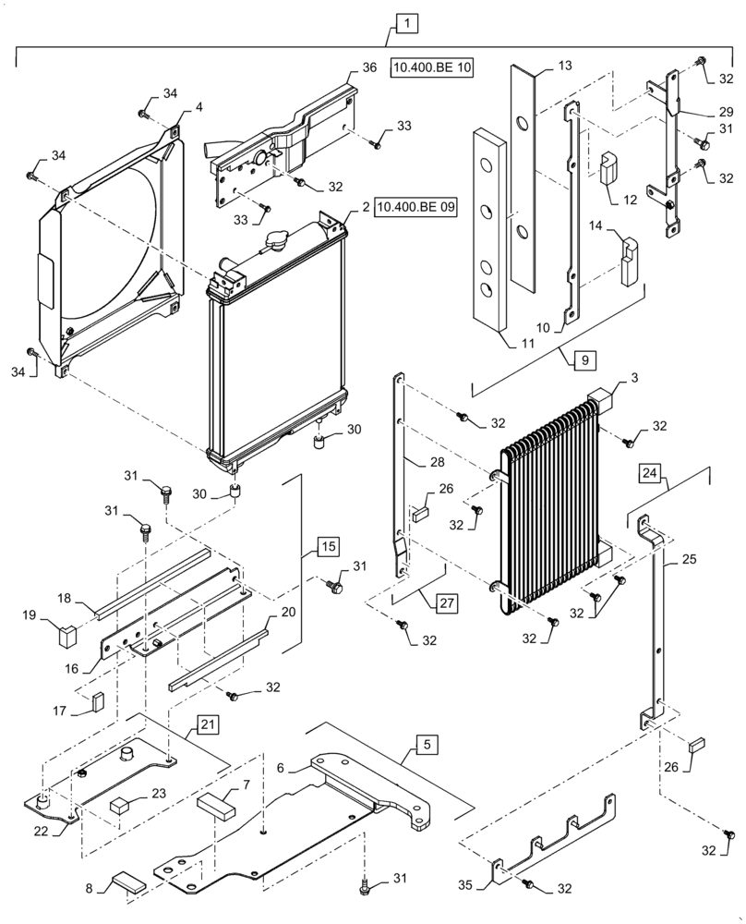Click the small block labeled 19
click(x=65, y=636)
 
